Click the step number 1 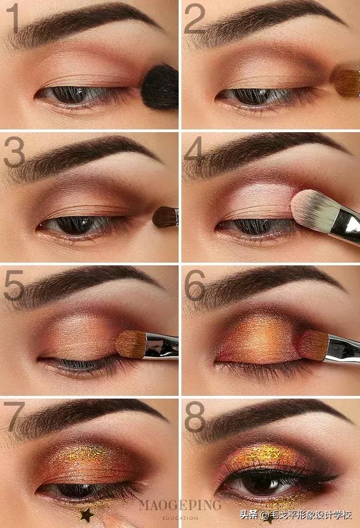pyautogui.click(x=13, y=18)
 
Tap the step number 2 pyautogui.click(x=195, y=18)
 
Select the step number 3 pyautogui.click(x=15, y=153)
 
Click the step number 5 pyautogui.click(x=14, y=285)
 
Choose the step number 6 pyautogui.click(x=195, y=285)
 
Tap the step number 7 pyautogui.click(x=15, y=416)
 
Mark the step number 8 pyautogui.click(x=195, y=416)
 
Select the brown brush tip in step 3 pyautogui.click(x=165, y=217)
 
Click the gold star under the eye pyautogui.click(x=87, y=514)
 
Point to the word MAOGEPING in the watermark pyautogui.click(x=180, y=505)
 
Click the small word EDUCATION pyautogui.click(x=180, y=518)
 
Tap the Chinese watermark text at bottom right pyautogui.click(x=296, y=515)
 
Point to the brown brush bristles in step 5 pyautogui.click(x=131, y=344)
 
